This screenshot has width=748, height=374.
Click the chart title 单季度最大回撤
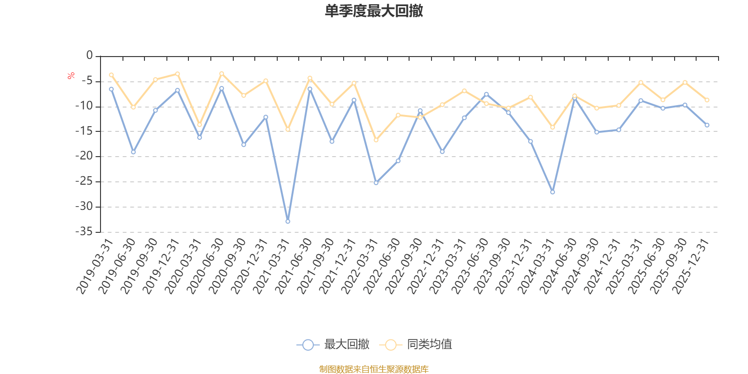point(374,11)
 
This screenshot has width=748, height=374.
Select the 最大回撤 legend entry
point(333,345)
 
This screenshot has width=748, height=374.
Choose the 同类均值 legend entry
point(416,345)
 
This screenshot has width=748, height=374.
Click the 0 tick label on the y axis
point(89,56)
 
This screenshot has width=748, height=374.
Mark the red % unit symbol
point(71,76)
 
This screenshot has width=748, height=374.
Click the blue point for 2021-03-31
point(288,222)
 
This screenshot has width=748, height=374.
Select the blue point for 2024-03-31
point(553,192)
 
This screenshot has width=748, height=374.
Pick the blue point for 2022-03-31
point(376,183)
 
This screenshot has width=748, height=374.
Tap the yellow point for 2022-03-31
point(376,140)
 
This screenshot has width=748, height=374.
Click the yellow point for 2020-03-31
point(200,125)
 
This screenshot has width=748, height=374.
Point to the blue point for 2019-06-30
point(133,152)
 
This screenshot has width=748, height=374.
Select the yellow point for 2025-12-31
point(707,100)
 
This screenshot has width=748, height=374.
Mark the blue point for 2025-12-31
point(707,125)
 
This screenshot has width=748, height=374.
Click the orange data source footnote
point(374,369)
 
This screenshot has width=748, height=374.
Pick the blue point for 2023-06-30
point(486,94)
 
